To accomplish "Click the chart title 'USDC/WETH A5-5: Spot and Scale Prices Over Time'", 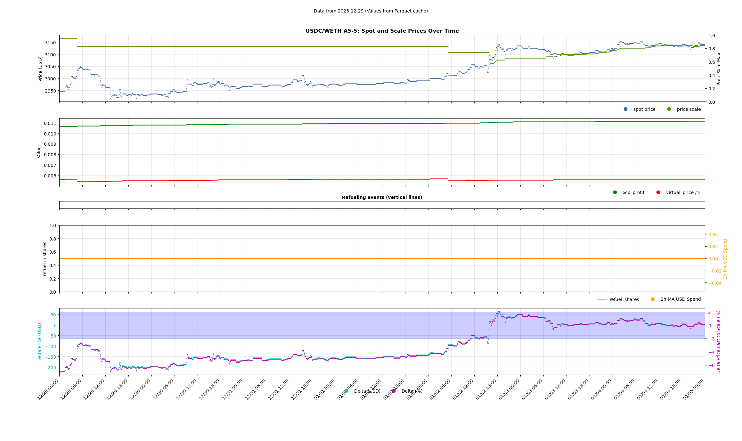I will (382, 31).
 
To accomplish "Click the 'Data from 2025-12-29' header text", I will (371, 11).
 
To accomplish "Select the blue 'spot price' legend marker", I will (625, 109).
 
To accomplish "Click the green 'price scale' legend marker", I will (669, 109).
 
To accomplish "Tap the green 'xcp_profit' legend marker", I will (615, 192).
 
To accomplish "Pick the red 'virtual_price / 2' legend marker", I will (658, 192).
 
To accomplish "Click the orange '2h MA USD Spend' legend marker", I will (653, 299).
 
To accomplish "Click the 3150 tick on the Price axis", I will (50, 43).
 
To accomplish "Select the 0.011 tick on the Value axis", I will (50, 123).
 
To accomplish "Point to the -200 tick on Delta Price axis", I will (50, 368).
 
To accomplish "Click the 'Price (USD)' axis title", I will (41, 69).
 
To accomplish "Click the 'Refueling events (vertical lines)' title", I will (382, 198).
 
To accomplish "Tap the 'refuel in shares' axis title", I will (45, 259).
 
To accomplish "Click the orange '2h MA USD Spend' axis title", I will (725, 259).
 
